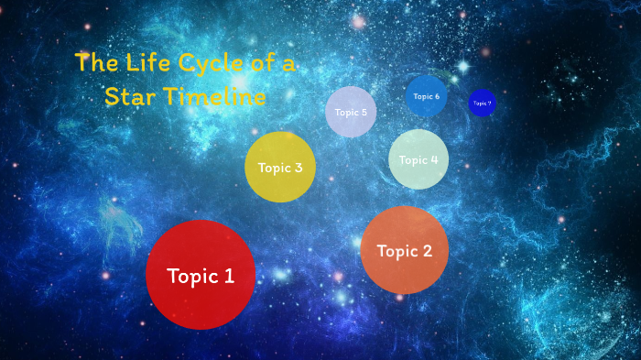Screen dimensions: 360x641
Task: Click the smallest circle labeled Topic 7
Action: [482, 104]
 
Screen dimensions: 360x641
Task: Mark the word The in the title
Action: [92, 63]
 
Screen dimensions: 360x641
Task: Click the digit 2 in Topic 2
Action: [427, 251]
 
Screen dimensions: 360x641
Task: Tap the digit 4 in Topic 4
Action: [433, 159]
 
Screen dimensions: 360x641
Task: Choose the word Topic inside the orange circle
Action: [397, 251]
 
